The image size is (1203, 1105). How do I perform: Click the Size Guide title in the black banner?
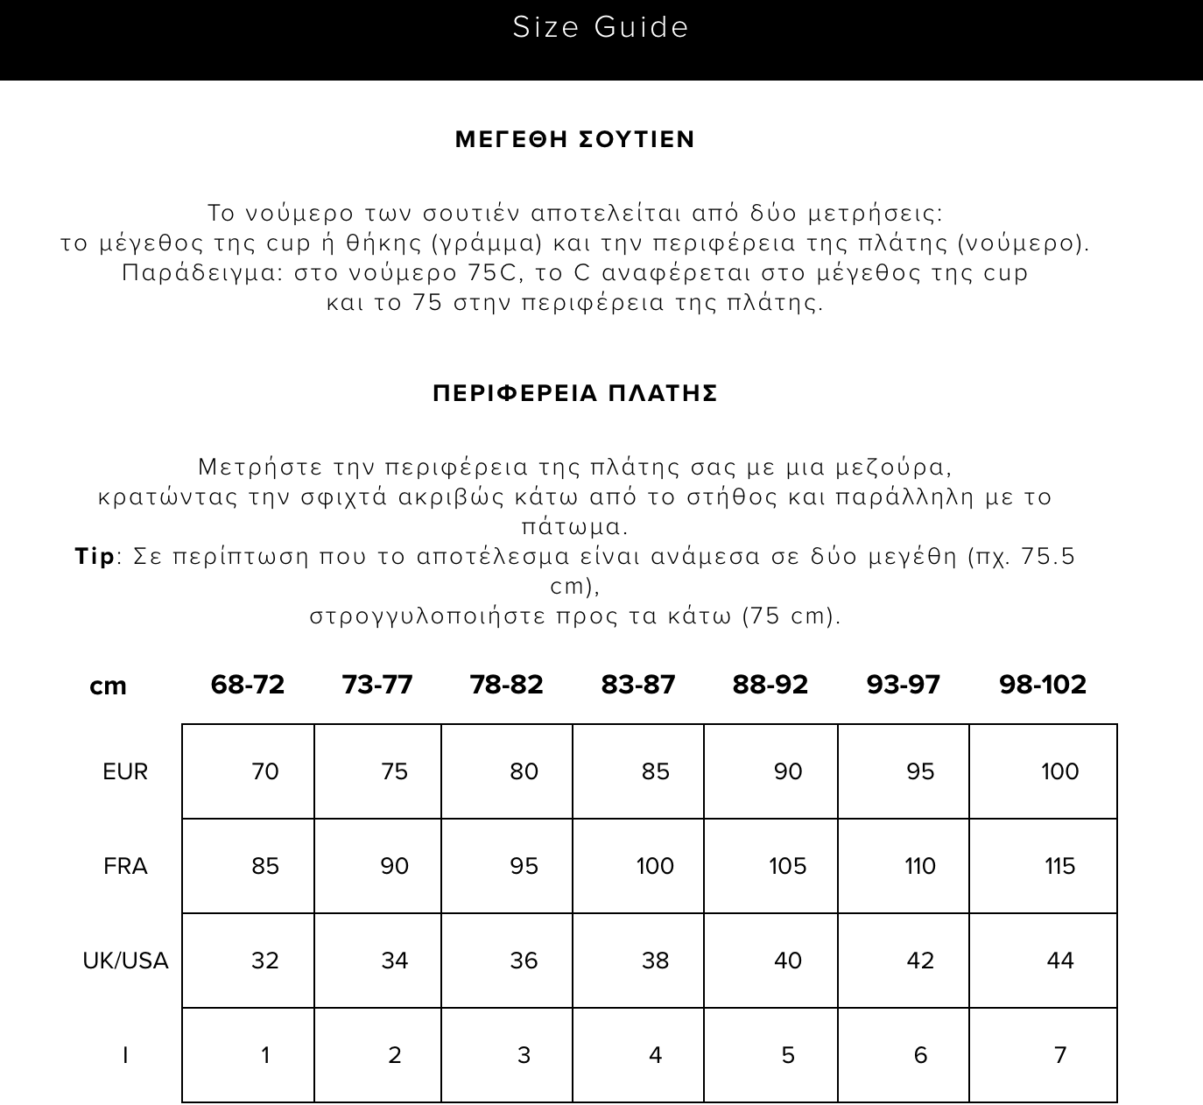coord(601,27)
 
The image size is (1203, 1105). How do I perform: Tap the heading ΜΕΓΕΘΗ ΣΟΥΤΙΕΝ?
coord(575,139)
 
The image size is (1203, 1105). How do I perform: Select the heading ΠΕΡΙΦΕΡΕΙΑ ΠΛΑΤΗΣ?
coord(575,393)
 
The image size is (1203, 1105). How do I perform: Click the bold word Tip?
coord(95,556)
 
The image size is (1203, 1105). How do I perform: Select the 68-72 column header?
coord(248,684)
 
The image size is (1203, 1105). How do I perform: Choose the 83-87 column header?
coord(638,684)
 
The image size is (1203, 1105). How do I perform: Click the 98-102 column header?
coord(1043,684)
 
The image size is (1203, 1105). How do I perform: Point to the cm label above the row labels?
coord(108,686)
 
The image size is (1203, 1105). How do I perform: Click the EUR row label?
coord(125,771)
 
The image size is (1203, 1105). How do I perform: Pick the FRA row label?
coord(125,866)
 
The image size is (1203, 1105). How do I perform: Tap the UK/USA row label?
coord(125,961)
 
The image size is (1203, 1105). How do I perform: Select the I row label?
coord(125,1055)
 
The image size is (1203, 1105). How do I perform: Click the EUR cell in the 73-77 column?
coord(395,771)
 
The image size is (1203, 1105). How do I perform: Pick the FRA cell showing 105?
coord(787,866)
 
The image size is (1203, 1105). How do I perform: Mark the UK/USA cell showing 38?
coord(655,961)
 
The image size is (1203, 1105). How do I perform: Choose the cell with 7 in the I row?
coord(1060,1055)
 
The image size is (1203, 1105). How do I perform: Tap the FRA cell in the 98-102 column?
coord(1059,866)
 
